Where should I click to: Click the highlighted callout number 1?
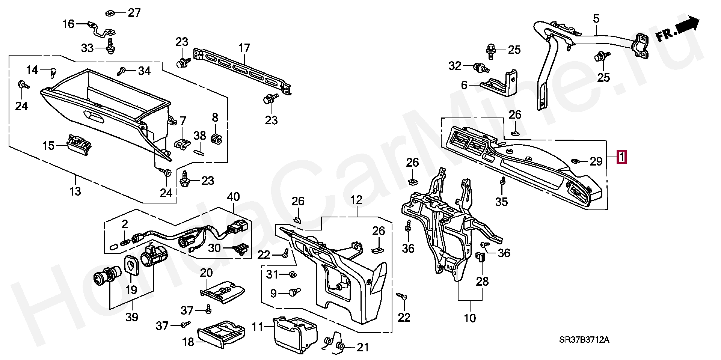(621, 157)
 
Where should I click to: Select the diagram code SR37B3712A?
(584, 340)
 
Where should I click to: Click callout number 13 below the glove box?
(75, 191)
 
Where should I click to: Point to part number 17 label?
(244, 48)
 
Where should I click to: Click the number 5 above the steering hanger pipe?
(596, 18)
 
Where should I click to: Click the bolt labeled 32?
(481, 68)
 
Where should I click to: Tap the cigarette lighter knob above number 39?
(107, 277)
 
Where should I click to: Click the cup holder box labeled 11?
(294, 334)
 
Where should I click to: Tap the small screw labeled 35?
(502, 182)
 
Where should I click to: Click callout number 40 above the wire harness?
(233, 197)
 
